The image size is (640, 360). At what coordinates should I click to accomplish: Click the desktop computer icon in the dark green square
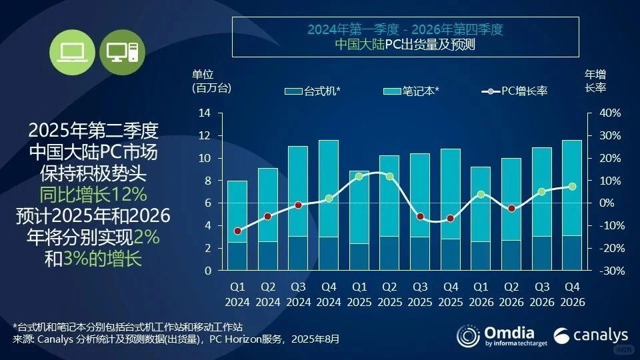(122, 52)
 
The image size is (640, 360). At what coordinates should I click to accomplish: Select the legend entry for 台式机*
(313, 91)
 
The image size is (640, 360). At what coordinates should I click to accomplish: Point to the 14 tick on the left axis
(205, 113)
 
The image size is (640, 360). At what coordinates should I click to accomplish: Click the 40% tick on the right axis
(611, 113)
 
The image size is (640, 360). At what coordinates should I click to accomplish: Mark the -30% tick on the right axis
(611, 271)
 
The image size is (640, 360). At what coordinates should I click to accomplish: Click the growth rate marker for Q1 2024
(237, 231)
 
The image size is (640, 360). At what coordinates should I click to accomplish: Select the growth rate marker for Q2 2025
(390, 177)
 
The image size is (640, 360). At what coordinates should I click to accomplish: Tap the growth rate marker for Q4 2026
(572, 187)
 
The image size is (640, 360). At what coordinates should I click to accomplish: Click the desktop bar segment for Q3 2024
(298, 253)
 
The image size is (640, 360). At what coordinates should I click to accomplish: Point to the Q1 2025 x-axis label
(359, 295)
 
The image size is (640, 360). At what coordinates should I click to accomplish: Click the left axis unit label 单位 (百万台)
(211, 81)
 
